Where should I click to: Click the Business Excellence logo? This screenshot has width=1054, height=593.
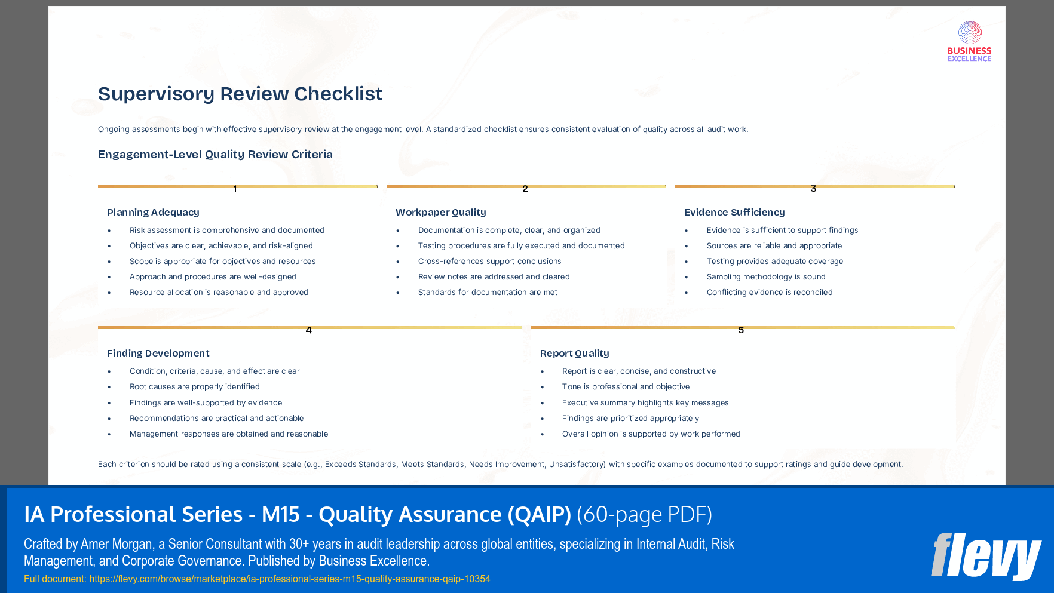[x=969, y=41]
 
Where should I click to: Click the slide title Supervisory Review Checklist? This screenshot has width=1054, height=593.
[x=240, y=94]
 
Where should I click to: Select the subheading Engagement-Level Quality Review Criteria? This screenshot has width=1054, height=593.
[x=215, y=155]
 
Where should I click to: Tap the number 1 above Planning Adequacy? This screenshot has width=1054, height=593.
[x=235, y=189]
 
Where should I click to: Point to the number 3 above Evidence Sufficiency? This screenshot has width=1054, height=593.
[x=813, y=189]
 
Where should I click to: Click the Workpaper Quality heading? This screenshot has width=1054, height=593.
[x=440, y=212]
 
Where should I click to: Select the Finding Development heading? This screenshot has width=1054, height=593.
[x=158, y=353]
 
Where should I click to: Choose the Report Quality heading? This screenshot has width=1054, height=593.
[x=574, y=353]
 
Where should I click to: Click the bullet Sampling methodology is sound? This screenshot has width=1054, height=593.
[x=765, y=276]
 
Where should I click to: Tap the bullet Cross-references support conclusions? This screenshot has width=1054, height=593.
[x=489, y=261]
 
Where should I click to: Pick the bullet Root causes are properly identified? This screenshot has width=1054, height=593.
[x=194, y=386]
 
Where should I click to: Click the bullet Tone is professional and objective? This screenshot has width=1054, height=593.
[x=626, y=386]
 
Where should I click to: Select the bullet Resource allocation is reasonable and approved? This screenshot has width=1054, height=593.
[x=219, y=292]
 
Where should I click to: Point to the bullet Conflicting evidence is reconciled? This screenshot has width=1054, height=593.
[x=769, y=292]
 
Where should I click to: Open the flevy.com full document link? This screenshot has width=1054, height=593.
[x=289, y=579]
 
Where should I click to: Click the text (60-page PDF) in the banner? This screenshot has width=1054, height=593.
[x=644, y=514]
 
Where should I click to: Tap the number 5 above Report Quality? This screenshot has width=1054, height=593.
[x=741, y=330]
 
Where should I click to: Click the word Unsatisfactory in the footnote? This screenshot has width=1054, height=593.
[x=576, y=464]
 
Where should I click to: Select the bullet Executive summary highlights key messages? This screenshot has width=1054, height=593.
[x=645, y=402]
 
